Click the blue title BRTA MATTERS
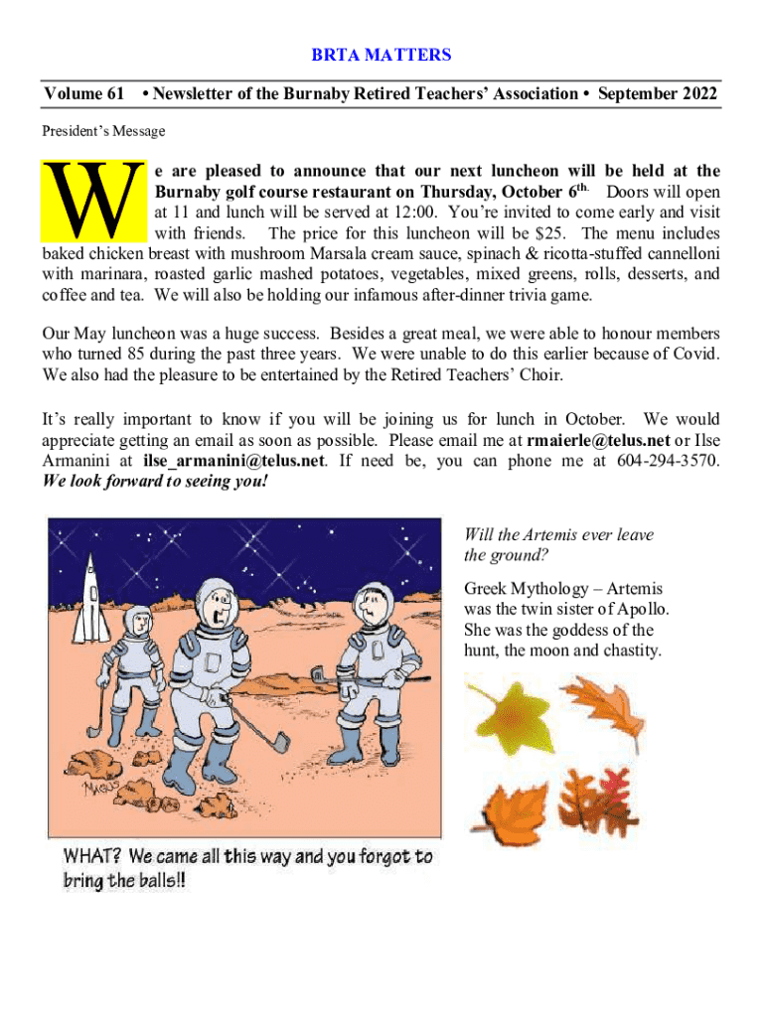click(x=382, y=55)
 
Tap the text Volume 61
click(x=83, y=94)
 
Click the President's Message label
click(x=103, y=131)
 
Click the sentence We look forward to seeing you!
click(x=155, y=482)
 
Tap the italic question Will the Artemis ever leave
click(x=558, y=534)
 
